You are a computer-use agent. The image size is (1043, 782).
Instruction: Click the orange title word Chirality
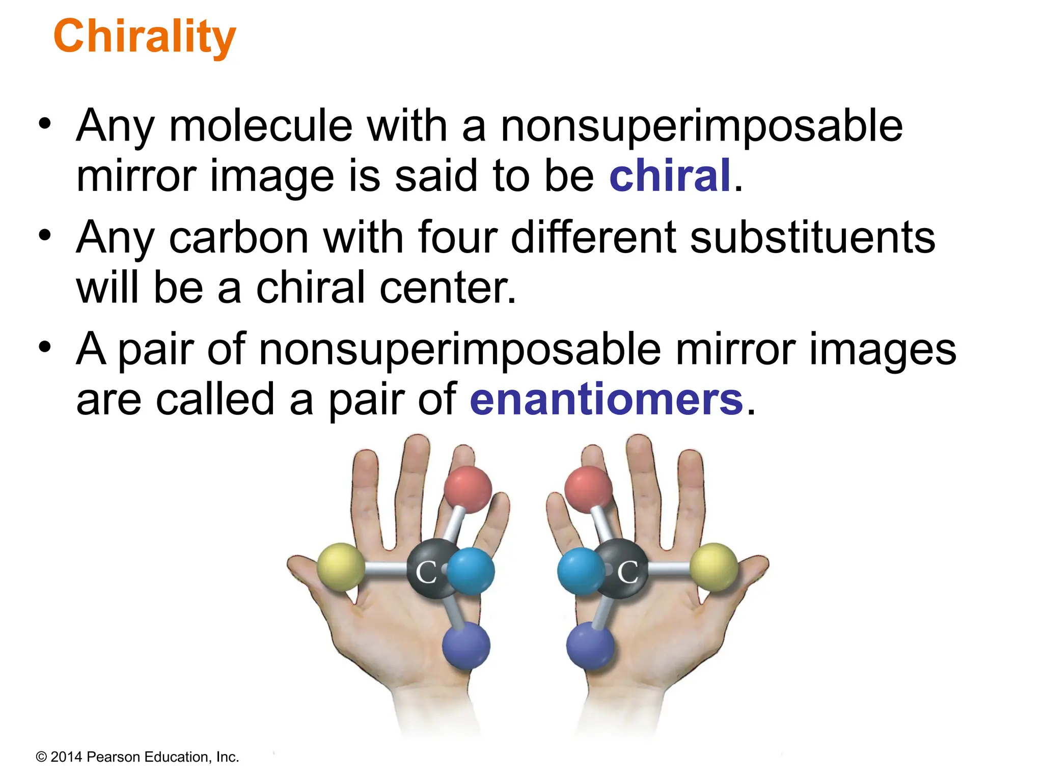coord(145,37)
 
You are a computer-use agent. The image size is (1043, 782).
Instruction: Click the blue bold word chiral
coord(670,176)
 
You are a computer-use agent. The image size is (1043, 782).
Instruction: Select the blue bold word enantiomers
coord(606,400)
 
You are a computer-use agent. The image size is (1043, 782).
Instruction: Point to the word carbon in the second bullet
coord(239,237)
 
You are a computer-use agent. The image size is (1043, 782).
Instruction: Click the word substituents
coord(812,237)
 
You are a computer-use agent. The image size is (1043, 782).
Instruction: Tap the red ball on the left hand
coord(468,489)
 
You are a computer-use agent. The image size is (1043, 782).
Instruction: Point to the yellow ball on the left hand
coord(341,567)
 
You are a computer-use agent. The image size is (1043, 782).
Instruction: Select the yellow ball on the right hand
coord(714,567)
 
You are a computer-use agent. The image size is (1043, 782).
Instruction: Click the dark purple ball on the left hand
coord(466,645)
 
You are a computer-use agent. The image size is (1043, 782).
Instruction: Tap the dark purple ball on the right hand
coord(590,645)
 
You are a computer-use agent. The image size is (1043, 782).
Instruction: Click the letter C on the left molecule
coord(426,572)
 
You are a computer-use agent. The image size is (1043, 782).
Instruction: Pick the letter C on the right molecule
coord(628,572)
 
